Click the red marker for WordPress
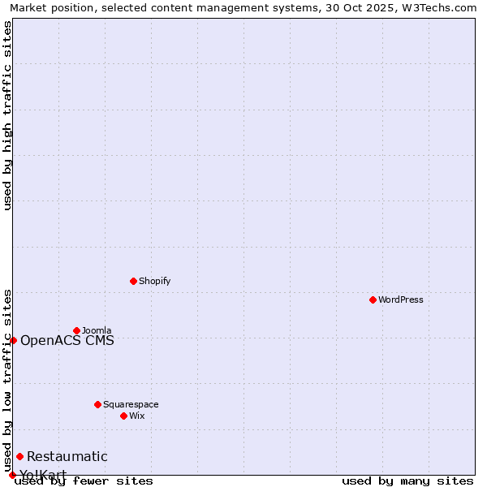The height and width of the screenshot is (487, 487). tap(373, 300)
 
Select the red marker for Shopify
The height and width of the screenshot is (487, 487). tap(133, 281)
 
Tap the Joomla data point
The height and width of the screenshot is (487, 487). tap(76, 330)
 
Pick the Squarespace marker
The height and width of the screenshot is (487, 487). tap(97, 404)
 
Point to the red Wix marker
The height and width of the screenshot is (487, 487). tap(123, 416)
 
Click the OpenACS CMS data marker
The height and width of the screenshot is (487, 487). tap(13, 340)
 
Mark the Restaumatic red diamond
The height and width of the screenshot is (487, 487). tap(19, 456)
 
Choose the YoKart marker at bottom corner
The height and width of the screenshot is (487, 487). tap(12, 475)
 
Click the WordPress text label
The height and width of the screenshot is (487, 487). tap(401, 300)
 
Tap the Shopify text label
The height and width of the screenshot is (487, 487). tap(154, 281)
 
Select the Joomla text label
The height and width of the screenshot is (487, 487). tap(97, 330)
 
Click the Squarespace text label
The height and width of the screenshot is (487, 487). tap(131, 404)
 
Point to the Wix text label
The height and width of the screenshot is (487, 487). tap(136, 416)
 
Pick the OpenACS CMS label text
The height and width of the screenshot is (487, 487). tap(67, 340)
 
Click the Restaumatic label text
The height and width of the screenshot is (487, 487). tap(67, 456)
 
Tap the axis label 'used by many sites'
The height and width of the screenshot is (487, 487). tap(407, 481)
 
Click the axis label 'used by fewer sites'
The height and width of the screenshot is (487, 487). tap(84, 481)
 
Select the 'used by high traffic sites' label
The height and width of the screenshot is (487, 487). tap(7, 115)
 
